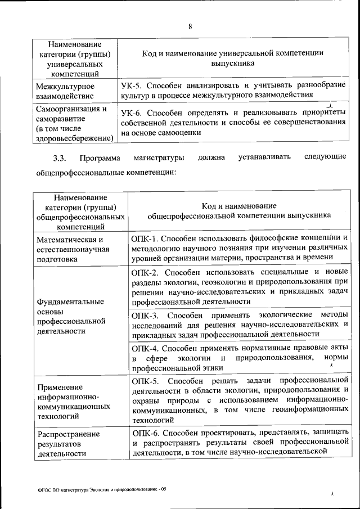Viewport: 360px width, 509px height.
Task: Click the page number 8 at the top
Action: tap(190, 26)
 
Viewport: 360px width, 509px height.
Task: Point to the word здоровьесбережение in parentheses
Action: tap(73, 138)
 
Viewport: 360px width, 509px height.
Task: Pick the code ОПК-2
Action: tap(146, 272)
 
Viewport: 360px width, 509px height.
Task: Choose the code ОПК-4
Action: tap(146, 348)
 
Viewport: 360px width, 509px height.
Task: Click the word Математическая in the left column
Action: tap(65, 240)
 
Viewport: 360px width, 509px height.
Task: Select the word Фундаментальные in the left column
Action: tap(70, 301)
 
